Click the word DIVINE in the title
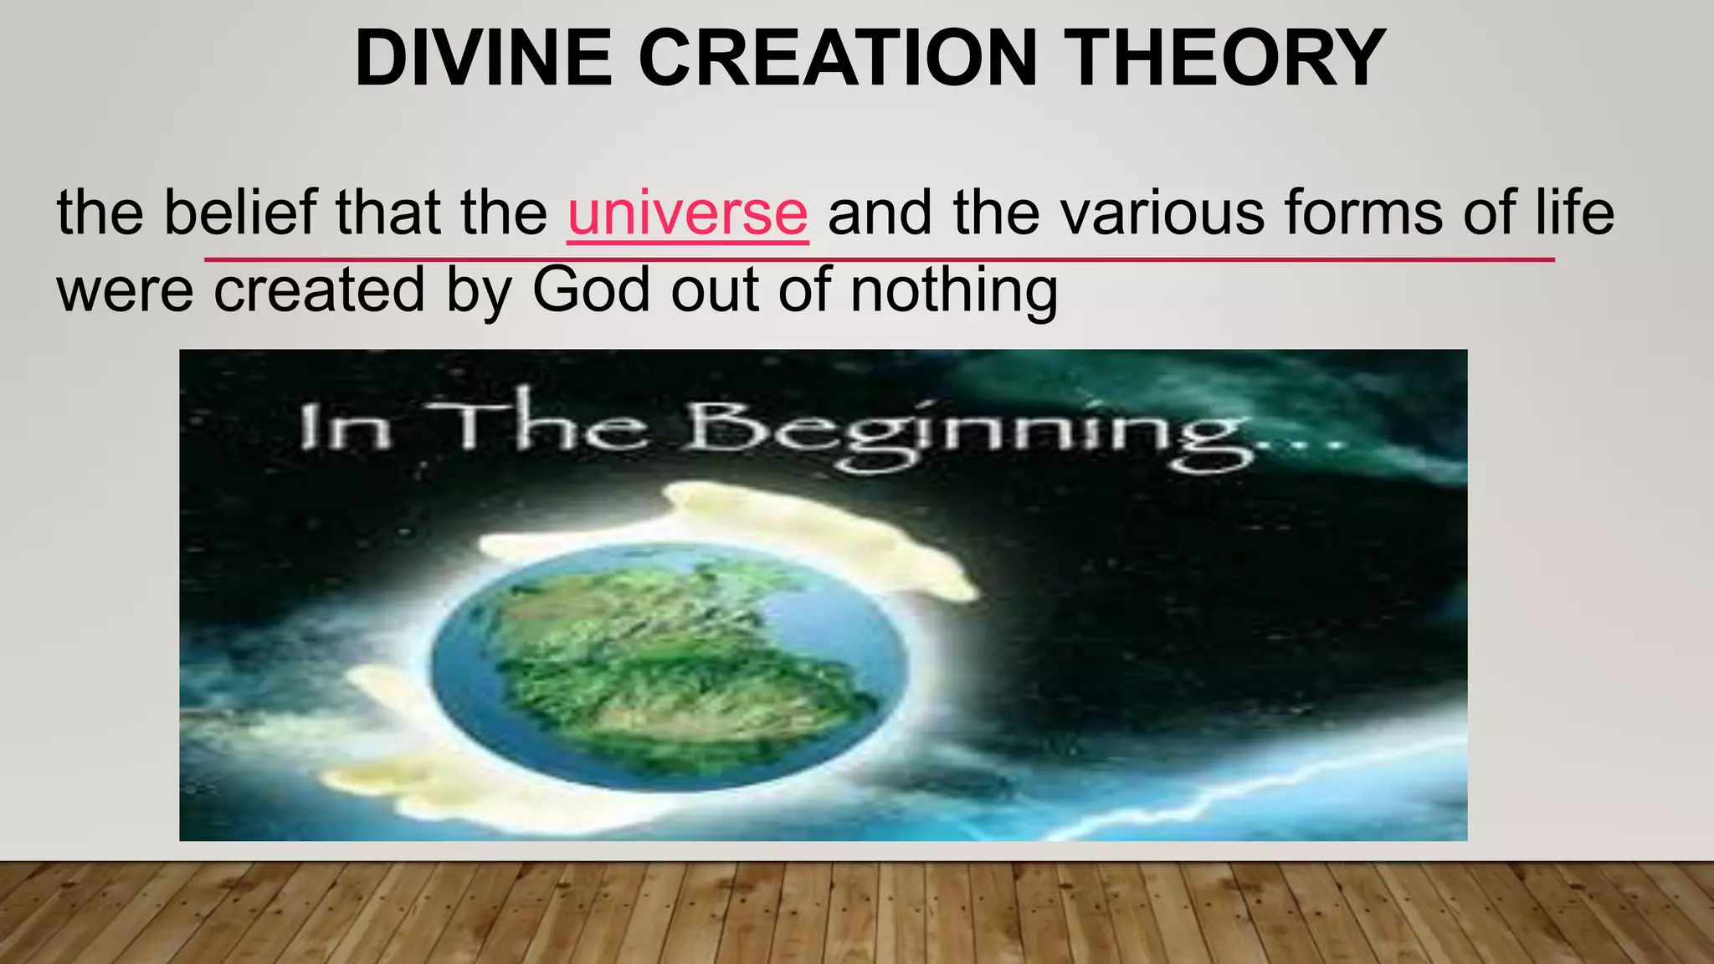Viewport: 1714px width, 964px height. [483, 59]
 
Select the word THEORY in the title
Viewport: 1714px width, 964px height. [1229, 59]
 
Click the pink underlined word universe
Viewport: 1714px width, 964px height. [687, 213]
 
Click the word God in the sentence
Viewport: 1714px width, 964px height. [591, 290]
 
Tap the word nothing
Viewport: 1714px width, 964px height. [954, 290]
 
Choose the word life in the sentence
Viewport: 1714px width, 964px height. [1574, 213]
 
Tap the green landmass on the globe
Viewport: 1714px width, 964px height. [670, 661]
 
